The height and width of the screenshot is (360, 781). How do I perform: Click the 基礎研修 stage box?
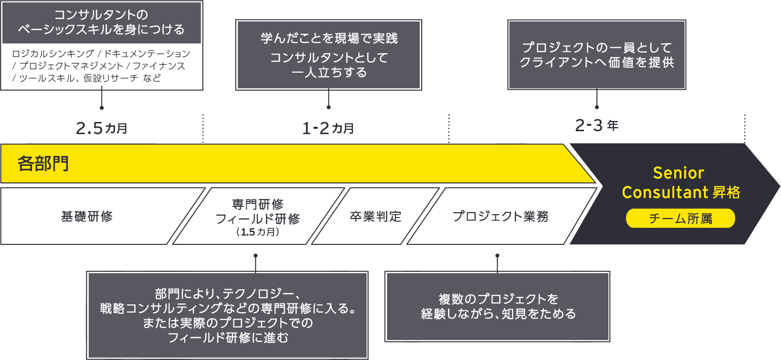coord(87,216)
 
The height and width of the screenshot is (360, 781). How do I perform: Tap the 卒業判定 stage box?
coord(375,216)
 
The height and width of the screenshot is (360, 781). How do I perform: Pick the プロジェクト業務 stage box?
coord(500,216)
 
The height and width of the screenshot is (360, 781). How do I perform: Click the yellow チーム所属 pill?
coord(680,219)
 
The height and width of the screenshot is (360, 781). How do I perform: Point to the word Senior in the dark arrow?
coord(678,173)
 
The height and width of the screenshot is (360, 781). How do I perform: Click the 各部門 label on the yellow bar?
coord(43,163)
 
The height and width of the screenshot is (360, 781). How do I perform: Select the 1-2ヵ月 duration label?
coord(328,128)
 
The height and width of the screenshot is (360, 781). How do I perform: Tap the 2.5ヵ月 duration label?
coord(101,128)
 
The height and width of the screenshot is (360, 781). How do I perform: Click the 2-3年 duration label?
coord(597,125)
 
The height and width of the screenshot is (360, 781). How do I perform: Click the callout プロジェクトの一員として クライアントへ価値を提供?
coord(597,55)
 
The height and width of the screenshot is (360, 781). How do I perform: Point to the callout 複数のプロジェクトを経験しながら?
coord(497,306)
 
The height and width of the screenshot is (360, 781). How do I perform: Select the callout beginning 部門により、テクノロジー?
coord(227,315)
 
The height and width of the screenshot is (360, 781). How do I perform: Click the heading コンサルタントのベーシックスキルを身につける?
coord(101,22)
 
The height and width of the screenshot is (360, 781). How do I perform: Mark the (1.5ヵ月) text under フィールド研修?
coord(258,232)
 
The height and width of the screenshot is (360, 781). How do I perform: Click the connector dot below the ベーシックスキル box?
coord(101,107)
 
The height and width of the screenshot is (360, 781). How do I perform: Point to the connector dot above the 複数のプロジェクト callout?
coord(497,256)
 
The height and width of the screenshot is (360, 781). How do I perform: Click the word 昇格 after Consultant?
coord(726,192)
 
